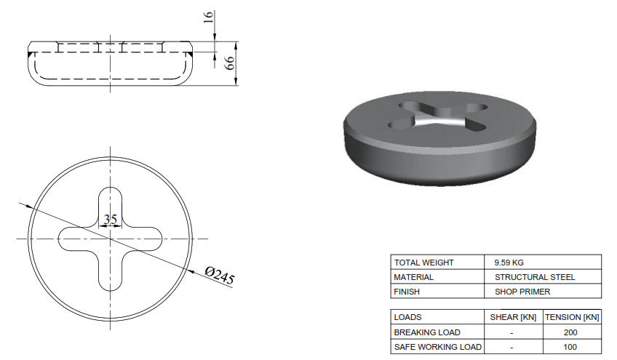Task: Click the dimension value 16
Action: (210, 17)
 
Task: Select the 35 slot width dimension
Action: (111, 219)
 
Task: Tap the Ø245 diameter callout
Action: (219, 276)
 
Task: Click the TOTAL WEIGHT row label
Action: (423, 263)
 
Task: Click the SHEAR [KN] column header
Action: (514, 318)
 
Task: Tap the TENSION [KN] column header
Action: (572, 318)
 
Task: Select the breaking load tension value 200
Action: (572, 332)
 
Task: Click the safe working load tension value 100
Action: (572, 347)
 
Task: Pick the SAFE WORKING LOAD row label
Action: (437, 347)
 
